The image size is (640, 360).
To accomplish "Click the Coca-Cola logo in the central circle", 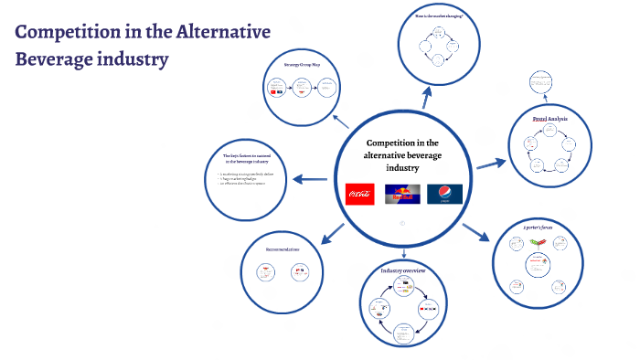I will point(359,194).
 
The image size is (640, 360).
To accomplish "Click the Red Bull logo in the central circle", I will point(402,194).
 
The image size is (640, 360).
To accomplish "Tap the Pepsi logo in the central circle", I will point(444,194).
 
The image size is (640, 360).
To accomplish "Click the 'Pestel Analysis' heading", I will point(552,119).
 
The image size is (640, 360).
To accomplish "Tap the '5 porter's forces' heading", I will point(538,226).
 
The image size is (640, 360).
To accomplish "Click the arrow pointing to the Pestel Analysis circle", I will point(491,163).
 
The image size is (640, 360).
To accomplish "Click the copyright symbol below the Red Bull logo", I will point(402,222).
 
